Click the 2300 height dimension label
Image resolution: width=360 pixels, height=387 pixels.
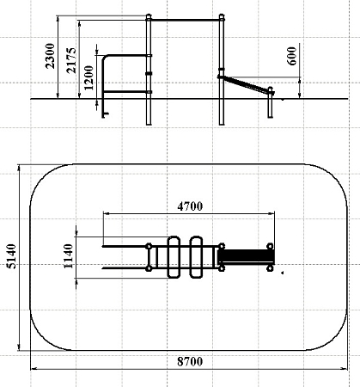click(x=50, y=56)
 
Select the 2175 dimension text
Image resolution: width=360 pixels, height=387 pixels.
click(x=71, y=60)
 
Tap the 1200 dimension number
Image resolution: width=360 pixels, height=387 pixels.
click(x=88, y=77)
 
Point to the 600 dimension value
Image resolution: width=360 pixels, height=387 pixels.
click(x=291, y=56)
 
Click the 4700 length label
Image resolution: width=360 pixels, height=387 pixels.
click(x=190, y=206)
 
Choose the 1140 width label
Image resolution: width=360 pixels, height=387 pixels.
click(x=69, y=256)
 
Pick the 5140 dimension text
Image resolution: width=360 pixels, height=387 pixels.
click(x=11, y=256)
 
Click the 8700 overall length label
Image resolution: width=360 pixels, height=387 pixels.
click(x=190, y=362)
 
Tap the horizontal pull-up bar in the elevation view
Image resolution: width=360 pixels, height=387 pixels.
click(x=185, y=20)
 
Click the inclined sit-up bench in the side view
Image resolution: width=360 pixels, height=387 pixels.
click(x=246, y=85)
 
